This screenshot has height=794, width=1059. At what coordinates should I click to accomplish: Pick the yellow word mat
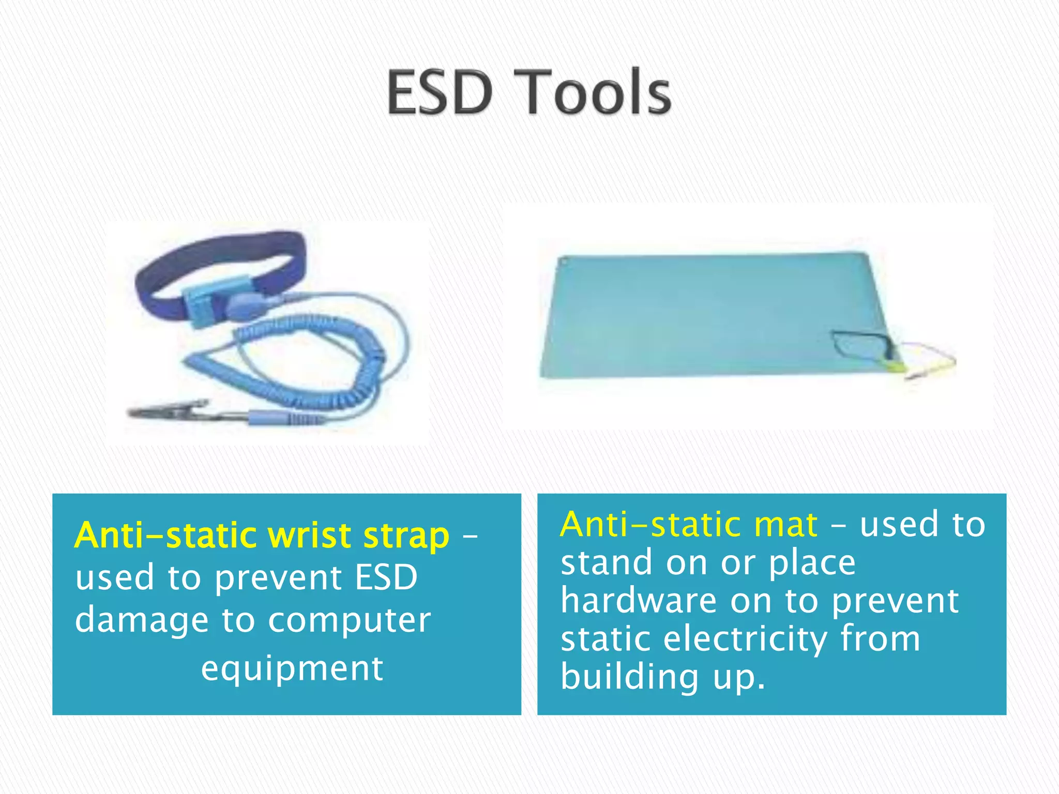tap(785, 525)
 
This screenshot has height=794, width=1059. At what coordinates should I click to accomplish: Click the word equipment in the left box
tap(292, 669)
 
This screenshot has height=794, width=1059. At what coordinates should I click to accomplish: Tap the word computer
tap(349, 620)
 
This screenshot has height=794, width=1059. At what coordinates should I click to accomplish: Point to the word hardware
tap(639, 601)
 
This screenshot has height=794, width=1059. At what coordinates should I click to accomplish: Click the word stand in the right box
tap(606, 562)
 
